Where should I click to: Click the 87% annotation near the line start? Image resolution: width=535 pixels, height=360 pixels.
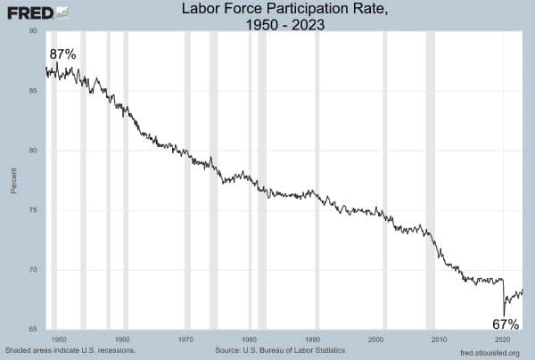click(x=62, y=54)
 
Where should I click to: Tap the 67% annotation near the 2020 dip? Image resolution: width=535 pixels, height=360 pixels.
click(x=505, y=323)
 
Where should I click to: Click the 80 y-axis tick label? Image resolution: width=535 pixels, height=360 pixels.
click(x=32, y=150)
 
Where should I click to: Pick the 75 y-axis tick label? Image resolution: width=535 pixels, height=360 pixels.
click(x=32, y=210)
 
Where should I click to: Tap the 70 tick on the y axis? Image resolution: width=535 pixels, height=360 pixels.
click(x=32, y=270)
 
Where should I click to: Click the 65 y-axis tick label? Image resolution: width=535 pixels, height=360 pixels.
click(x=32, y=330)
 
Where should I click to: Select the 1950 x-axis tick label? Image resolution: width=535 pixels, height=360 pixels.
click(x=59, y=340)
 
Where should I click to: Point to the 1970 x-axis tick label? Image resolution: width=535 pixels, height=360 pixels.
click(x=185, y=340)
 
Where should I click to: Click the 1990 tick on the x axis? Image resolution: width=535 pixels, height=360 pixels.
click(x=312, y=340)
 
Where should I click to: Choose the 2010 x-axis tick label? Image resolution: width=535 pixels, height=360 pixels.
click(x=439, y=340)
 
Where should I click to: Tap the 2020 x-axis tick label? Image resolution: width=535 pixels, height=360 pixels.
click(x=502, y=340)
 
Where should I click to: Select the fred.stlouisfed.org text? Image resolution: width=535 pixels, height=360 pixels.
click(x=489, y=352)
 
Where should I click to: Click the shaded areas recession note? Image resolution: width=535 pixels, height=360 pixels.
click(x=70, y=351)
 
